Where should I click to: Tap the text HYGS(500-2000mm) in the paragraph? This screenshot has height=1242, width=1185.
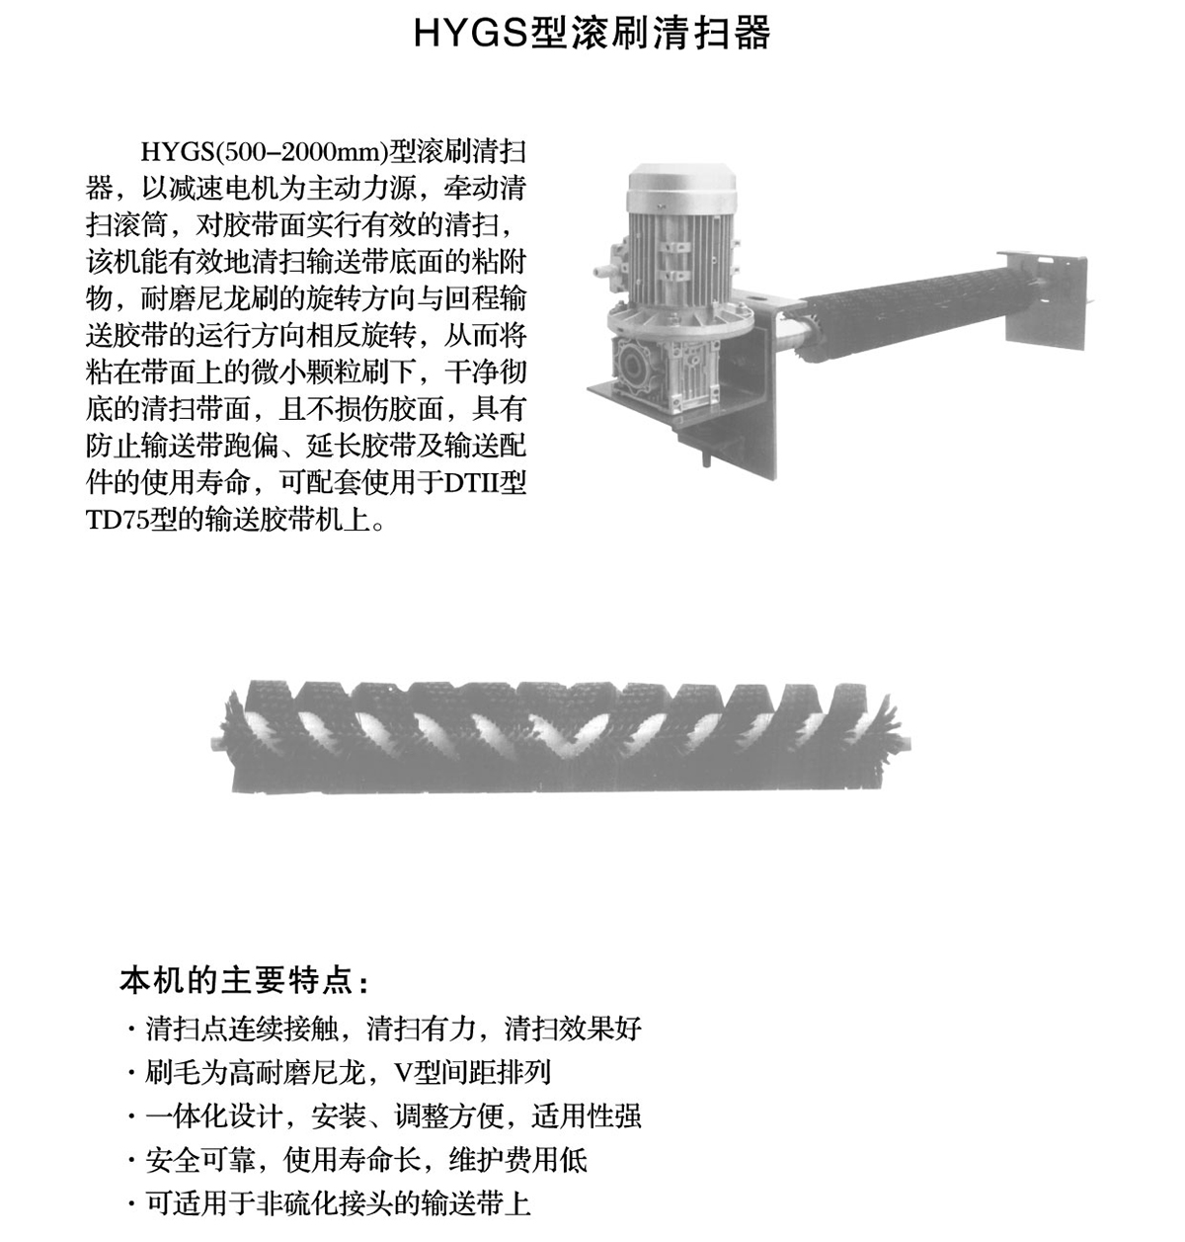pyautogui.click(x=264, y=152)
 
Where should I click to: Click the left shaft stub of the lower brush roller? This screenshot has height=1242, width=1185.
pyautogui.click(x=217, y=744)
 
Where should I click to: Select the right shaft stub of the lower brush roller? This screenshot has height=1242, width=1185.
pyautogui.click(x=905, y=744)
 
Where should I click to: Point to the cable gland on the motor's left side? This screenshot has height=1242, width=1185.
pyautogui.click(x=601, y=271)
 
